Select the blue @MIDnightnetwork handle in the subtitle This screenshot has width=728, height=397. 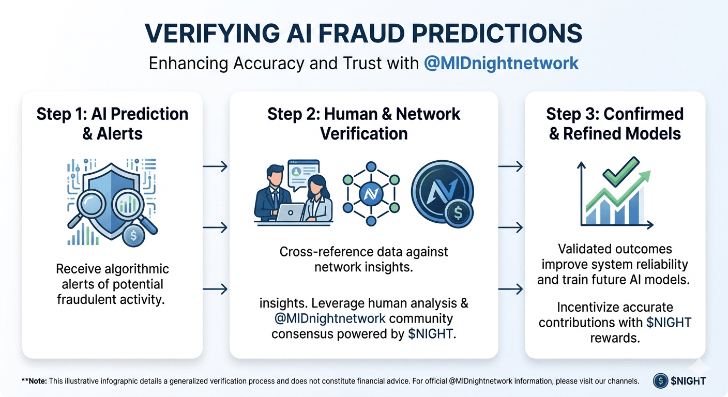coord(501,63)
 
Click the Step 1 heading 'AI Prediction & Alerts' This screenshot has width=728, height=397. coord(112,124)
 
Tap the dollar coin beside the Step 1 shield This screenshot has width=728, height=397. coord(133,235)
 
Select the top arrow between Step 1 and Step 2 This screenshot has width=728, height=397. coord(215,166)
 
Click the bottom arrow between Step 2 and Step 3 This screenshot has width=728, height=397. coord(511,289)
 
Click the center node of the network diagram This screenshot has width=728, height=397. coord(370,193)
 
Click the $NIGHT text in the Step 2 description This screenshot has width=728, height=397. coord(430,333)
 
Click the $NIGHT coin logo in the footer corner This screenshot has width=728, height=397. coord(660,381)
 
